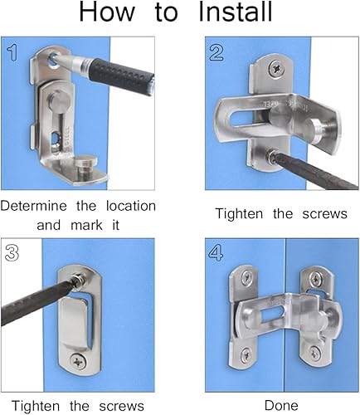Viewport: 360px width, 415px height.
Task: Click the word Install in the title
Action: [236, 12]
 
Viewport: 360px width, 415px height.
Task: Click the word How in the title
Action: [107, 12]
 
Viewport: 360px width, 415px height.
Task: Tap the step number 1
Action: [12, 53]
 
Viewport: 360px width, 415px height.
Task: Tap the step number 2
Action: [216, 53]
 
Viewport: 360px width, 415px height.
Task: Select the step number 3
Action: [12, 253]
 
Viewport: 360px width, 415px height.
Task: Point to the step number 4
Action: [216, 253]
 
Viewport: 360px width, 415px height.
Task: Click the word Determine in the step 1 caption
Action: [34, 206]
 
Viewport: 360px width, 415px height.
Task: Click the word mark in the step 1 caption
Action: [86, 225]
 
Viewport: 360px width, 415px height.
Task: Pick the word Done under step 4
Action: [281, 406]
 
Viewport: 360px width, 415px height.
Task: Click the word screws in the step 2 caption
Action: [324, 214]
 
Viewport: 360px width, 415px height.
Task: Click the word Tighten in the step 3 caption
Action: [36, 407]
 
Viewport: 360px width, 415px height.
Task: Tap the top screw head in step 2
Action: [275, 68]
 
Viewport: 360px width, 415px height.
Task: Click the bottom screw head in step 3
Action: [78, 361]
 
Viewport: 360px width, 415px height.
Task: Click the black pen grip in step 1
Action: [121, 72]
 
